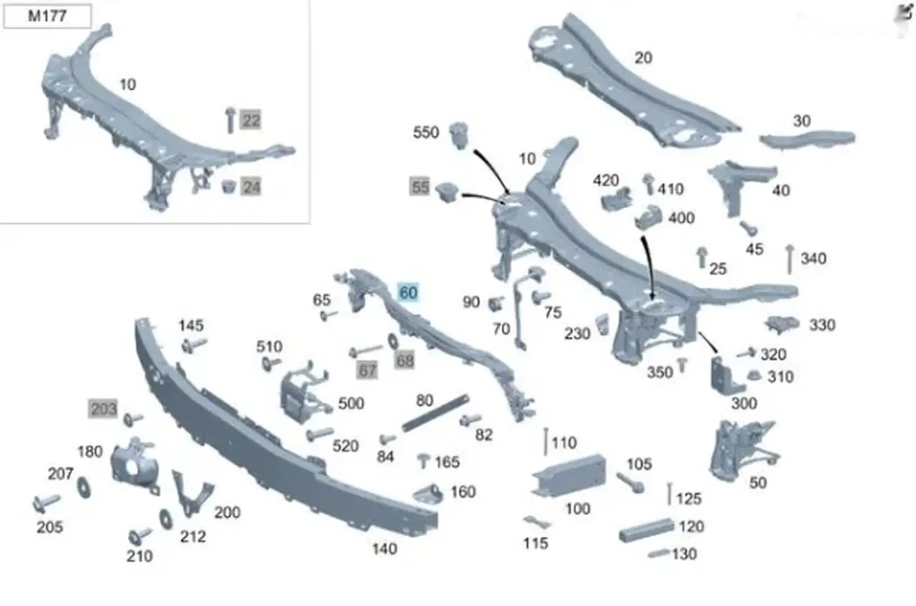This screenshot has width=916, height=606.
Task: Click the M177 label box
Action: (x=47, y=17)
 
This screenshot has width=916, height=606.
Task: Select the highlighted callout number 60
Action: (x=408, y=293)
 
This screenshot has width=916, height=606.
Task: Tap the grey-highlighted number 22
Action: (x=251, y=120)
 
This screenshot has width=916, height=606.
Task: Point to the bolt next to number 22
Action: (x=230, y=120)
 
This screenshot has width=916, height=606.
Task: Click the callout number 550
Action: (x=426, y=133)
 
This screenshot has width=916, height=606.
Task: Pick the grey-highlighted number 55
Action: (x=420, y=187)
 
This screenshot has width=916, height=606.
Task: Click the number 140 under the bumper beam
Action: (x=384, y=549)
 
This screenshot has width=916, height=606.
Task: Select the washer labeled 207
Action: (x=84, y=487)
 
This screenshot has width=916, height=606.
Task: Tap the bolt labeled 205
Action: (x=46, y=504)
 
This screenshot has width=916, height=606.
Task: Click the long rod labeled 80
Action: (x=435, y=413)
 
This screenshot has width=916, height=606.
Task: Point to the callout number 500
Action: (x=351, y=403)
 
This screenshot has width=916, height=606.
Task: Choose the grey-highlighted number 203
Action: (x=103, y=409)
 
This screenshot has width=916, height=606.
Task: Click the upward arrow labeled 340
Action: (x=790, y=259)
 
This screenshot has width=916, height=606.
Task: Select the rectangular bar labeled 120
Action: (x=646, y=530)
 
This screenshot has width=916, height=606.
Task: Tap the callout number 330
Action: (x=822, y=325)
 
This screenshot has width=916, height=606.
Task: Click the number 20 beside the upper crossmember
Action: (x=643, y=58)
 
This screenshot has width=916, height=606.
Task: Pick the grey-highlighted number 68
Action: (x=405, y=361)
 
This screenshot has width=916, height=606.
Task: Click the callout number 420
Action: (x=606, y=180)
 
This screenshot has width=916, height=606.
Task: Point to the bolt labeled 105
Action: (x=630, y=483)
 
